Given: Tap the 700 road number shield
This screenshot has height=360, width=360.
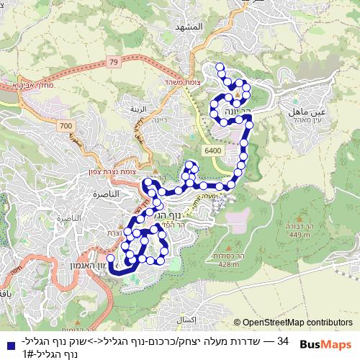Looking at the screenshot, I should pyautogui.click(x=67, y=126).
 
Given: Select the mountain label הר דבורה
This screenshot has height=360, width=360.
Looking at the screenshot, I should pyautogui.click(x=299, y=226).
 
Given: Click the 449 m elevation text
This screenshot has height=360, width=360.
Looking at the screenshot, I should pyautogui.click(x=299, y=234).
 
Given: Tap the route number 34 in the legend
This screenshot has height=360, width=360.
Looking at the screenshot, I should pyautogui.click(x=282, y=340).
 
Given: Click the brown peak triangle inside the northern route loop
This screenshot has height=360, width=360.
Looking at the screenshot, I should pyautogui.click(x=237, y=94).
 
